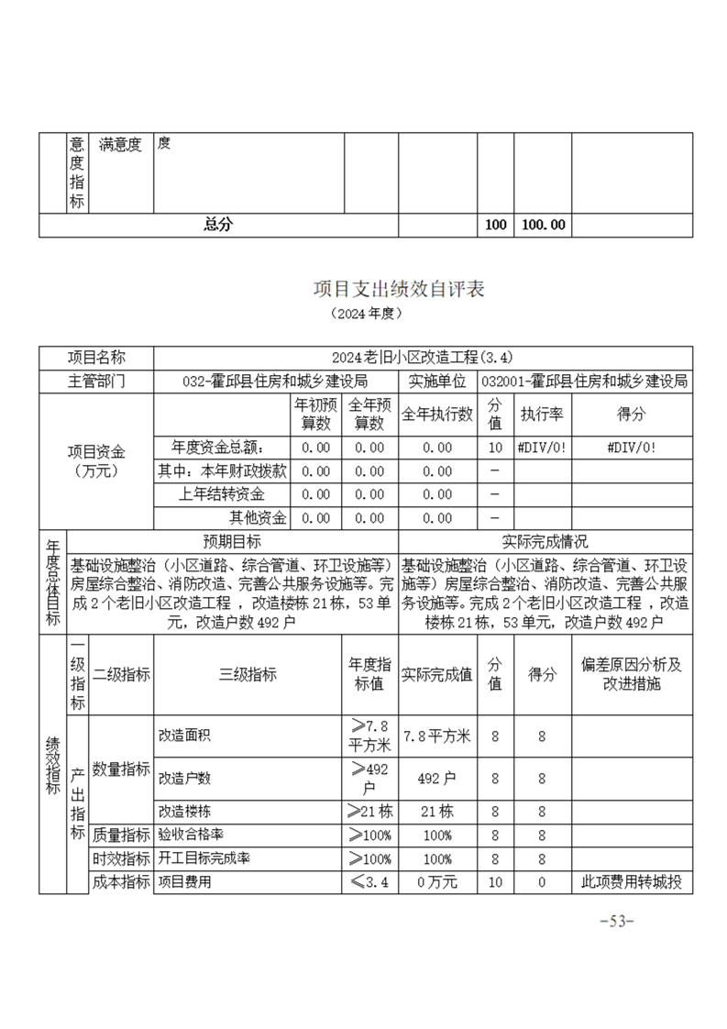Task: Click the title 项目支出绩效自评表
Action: (399, 289)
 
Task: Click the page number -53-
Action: (616, 922)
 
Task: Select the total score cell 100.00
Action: (543, 225)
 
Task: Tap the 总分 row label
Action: (218, 225)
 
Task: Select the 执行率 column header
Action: (542, 415)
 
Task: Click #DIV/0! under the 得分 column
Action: (632, 448)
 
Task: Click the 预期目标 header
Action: (232, 541)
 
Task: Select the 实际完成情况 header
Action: (545, 541)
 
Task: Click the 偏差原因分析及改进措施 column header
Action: (632, 675)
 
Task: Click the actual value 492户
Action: (437, 779)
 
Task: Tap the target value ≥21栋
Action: (369, 812)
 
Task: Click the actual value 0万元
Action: (437, 883)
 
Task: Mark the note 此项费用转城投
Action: (632, 883)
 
